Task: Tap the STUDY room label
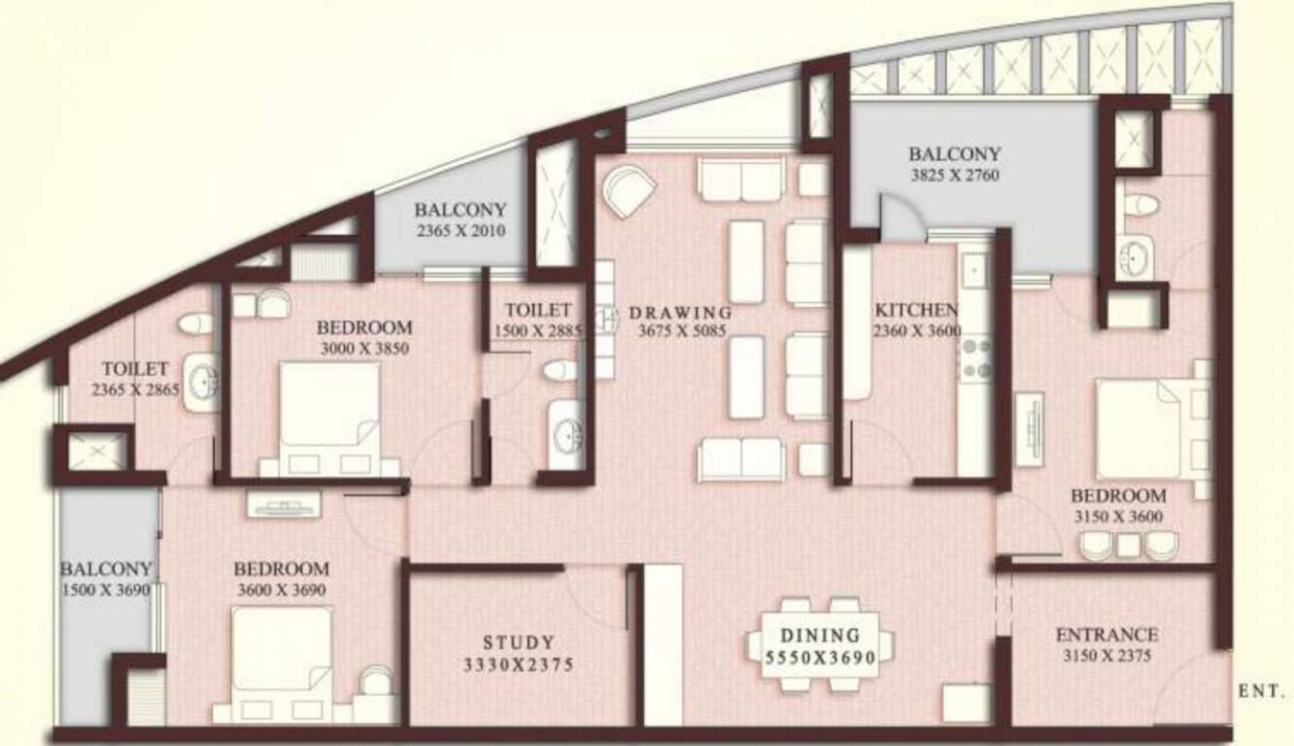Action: [x=520, y=642]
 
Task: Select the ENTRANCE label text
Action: [x=1107, y=635]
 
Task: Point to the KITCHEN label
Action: [x=917, y=310]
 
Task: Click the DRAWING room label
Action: [x=680, y=313]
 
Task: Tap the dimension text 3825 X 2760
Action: [x=954, y=176]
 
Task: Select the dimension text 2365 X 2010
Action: [x=460, y=231]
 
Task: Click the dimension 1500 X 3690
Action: [x=106, y=590]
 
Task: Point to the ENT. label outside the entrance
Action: [x=1261, y=692]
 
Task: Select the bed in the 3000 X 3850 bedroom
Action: [x=328, y=408]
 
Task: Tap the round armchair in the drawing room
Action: [x=629, y=189]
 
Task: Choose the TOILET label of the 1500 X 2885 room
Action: [x=537, y=310]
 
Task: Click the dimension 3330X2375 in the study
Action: [x=520, y=665]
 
